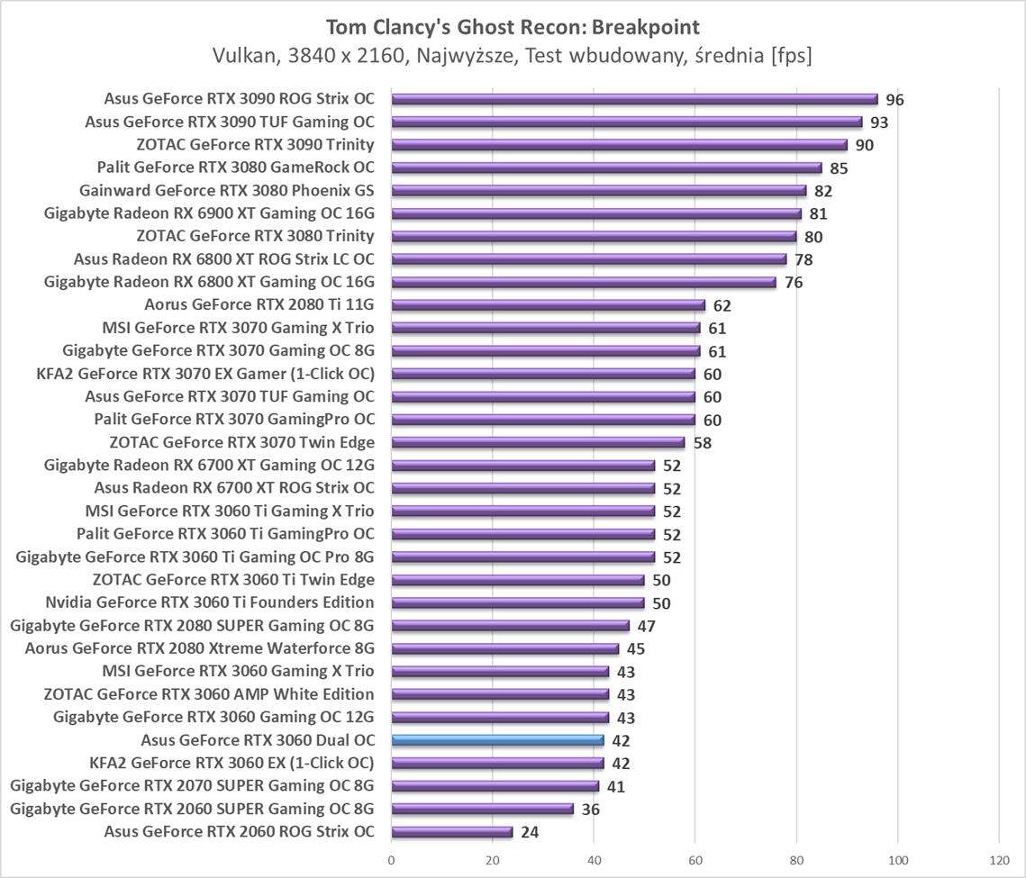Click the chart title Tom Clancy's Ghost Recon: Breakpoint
[513, 26]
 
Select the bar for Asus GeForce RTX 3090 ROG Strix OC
[634, 99]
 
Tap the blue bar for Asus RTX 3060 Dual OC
[497, 740]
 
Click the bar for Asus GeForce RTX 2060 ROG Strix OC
[451, 832]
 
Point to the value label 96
[894, 100]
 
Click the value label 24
[530, 832]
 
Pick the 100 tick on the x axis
[898, 860]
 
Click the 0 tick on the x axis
[391, 860]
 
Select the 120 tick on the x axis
[999, 860]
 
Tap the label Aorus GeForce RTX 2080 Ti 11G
[259, 304]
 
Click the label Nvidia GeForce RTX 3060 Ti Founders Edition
[210, 602]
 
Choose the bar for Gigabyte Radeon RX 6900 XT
[596, 213]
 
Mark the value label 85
[839, 168]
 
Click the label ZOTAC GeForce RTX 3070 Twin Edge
[241, 442]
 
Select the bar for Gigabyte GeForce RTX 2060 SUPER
[482, 809]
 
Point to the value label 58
[702, 443]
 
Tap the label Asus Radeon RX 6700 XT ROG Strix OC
[234, 488]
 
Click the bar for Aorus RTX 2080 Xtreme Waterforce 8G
[504, 648]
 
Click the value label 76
[793, 283]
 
